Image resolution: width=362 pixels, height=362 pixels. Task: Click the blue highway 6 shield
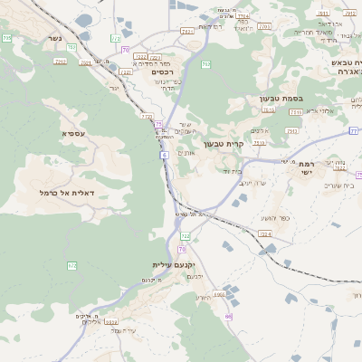pyautogui.click(x=165, y=156)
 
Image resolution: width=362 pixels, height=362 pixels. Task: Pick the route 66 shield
pyautogui.click(x=228, y=317)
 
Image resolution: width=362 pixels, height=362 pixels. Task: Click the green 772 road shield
pyautogui.click(x=146, y=117)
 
